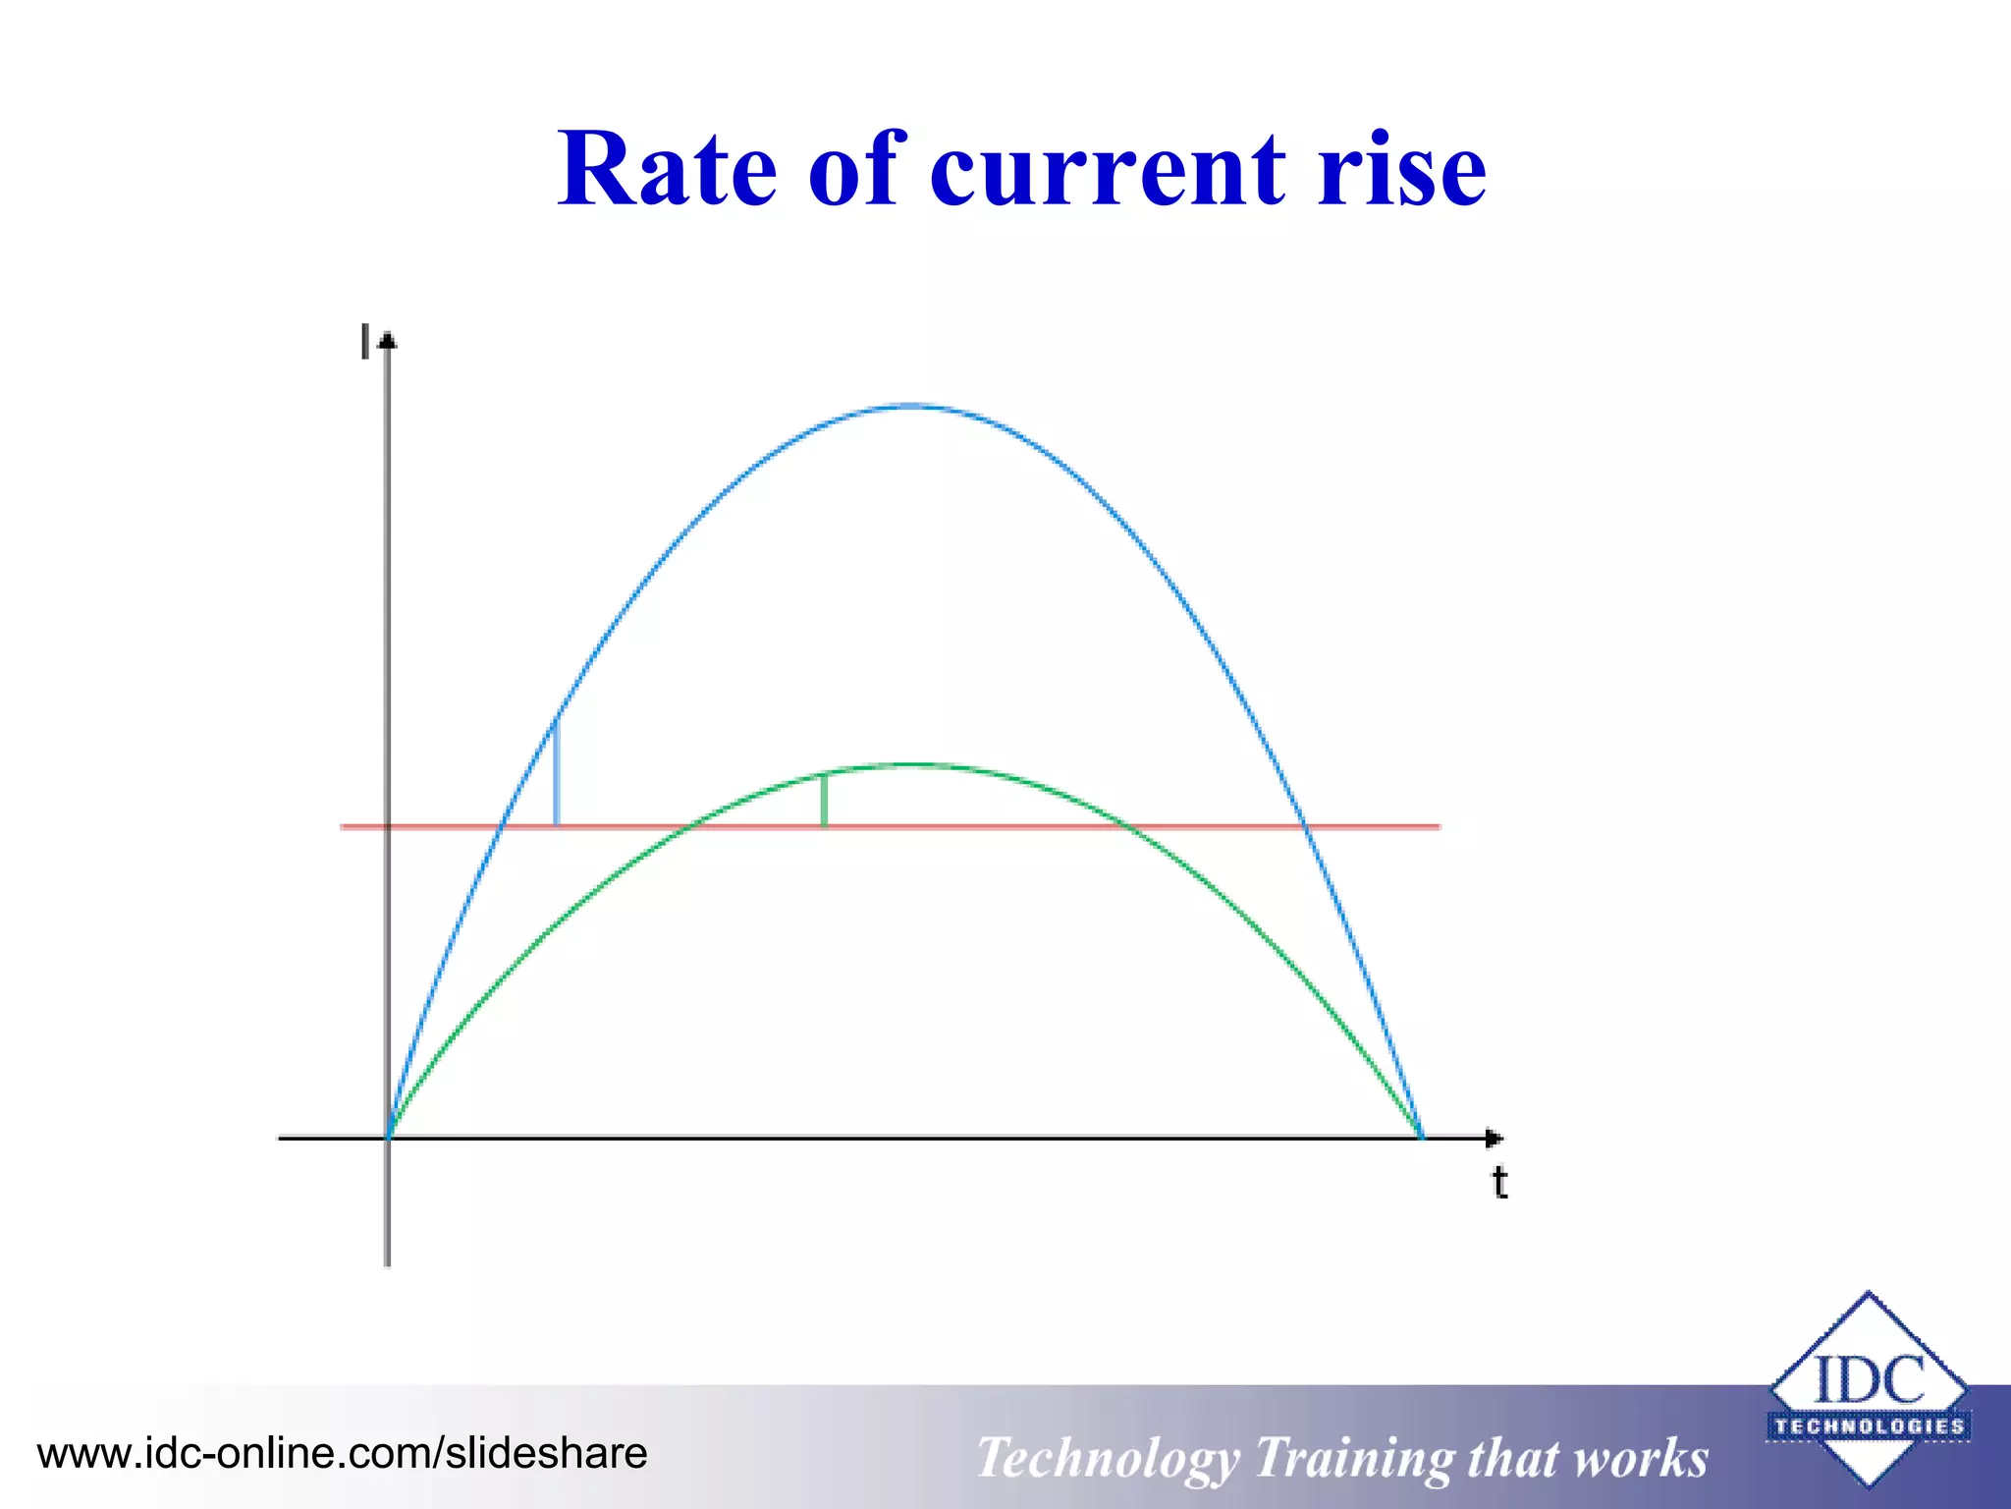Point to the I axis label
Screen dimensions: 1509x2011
[x=365, y=341]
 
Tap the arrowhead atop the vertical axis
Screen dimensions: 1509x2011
[x=388, y=341]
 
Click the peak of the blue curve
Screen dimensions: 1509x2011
[x=911, y=406]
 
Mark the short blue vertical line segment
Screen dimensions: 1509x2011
[x=557, y=774]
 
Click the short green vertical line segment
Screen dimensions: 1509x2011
[x=824, y=801]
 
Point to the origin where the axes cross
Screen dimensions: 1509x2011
[x=388, y=1138]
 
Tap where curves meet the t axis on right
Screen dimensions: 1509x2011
[x=1421, y=1138]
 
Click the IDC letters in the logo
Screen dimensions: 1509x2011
[x=1868, y=1379]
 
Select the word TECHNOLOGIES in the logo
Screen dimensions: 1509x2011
[x=1869, y=1426]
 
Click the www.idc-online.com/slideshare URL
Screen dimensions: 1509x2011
[x=342, y=1453]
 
